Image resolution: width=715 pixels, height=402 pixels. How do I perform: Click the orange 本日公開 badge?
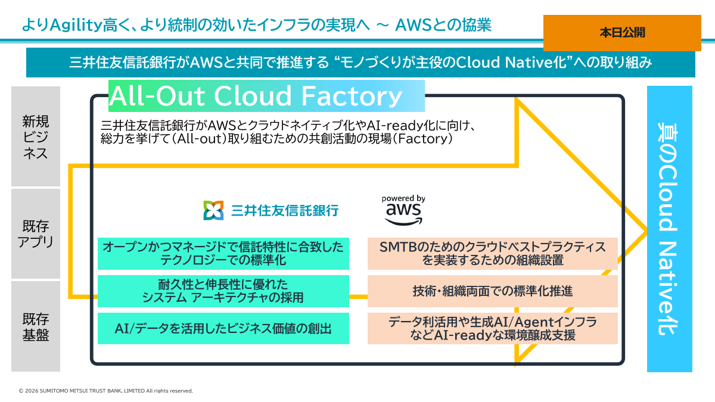(622, 33)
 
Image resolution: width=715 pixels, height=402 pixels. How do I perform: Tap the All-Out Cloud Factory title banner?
(266, 96)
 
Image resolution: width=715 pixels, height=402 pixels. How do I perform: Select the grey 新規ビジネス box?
(36, 136)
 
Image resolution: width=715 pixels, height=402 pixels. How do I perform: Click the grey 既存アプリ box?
(36, 233)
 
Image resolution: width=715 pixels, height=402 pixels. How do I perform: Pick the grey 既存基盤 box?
(36, 326)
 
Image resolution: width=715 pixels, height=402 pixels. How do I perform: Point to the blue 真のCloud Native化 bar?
(670, 229)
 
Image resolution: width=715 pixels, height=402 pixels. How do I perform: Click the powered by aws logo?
(403, 210)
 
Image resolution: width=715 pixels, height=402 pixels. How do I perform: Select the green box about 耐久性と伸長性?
(223, 291)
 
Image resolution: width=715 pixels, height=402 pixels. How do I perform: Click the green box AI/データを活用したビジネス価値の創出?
(223, 328)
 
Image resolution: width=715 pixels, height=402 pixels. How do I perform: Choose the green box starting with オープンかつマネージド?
(223, 253)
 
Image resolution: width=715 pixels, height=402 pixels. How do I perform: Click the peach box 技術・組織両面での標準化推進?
(492, 291)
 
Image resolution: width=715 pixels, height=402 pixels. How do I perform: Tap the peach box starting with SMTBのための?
(492, 253)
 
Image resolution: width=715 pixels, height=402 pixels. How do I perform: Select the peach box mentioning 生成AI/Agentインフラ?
(492, 328)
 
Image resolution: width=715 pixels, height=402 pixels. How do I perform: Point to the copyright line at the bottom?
(106, 391)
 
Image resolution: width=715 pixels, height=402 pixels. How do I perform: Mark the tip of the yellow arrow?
(646, 230)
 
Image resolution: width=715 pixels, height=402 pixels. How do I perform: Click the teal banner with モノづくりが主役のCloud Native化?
(360, 63)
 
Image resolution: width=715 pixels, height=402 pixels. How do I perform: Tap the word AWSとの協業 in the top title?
(443, 25)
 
